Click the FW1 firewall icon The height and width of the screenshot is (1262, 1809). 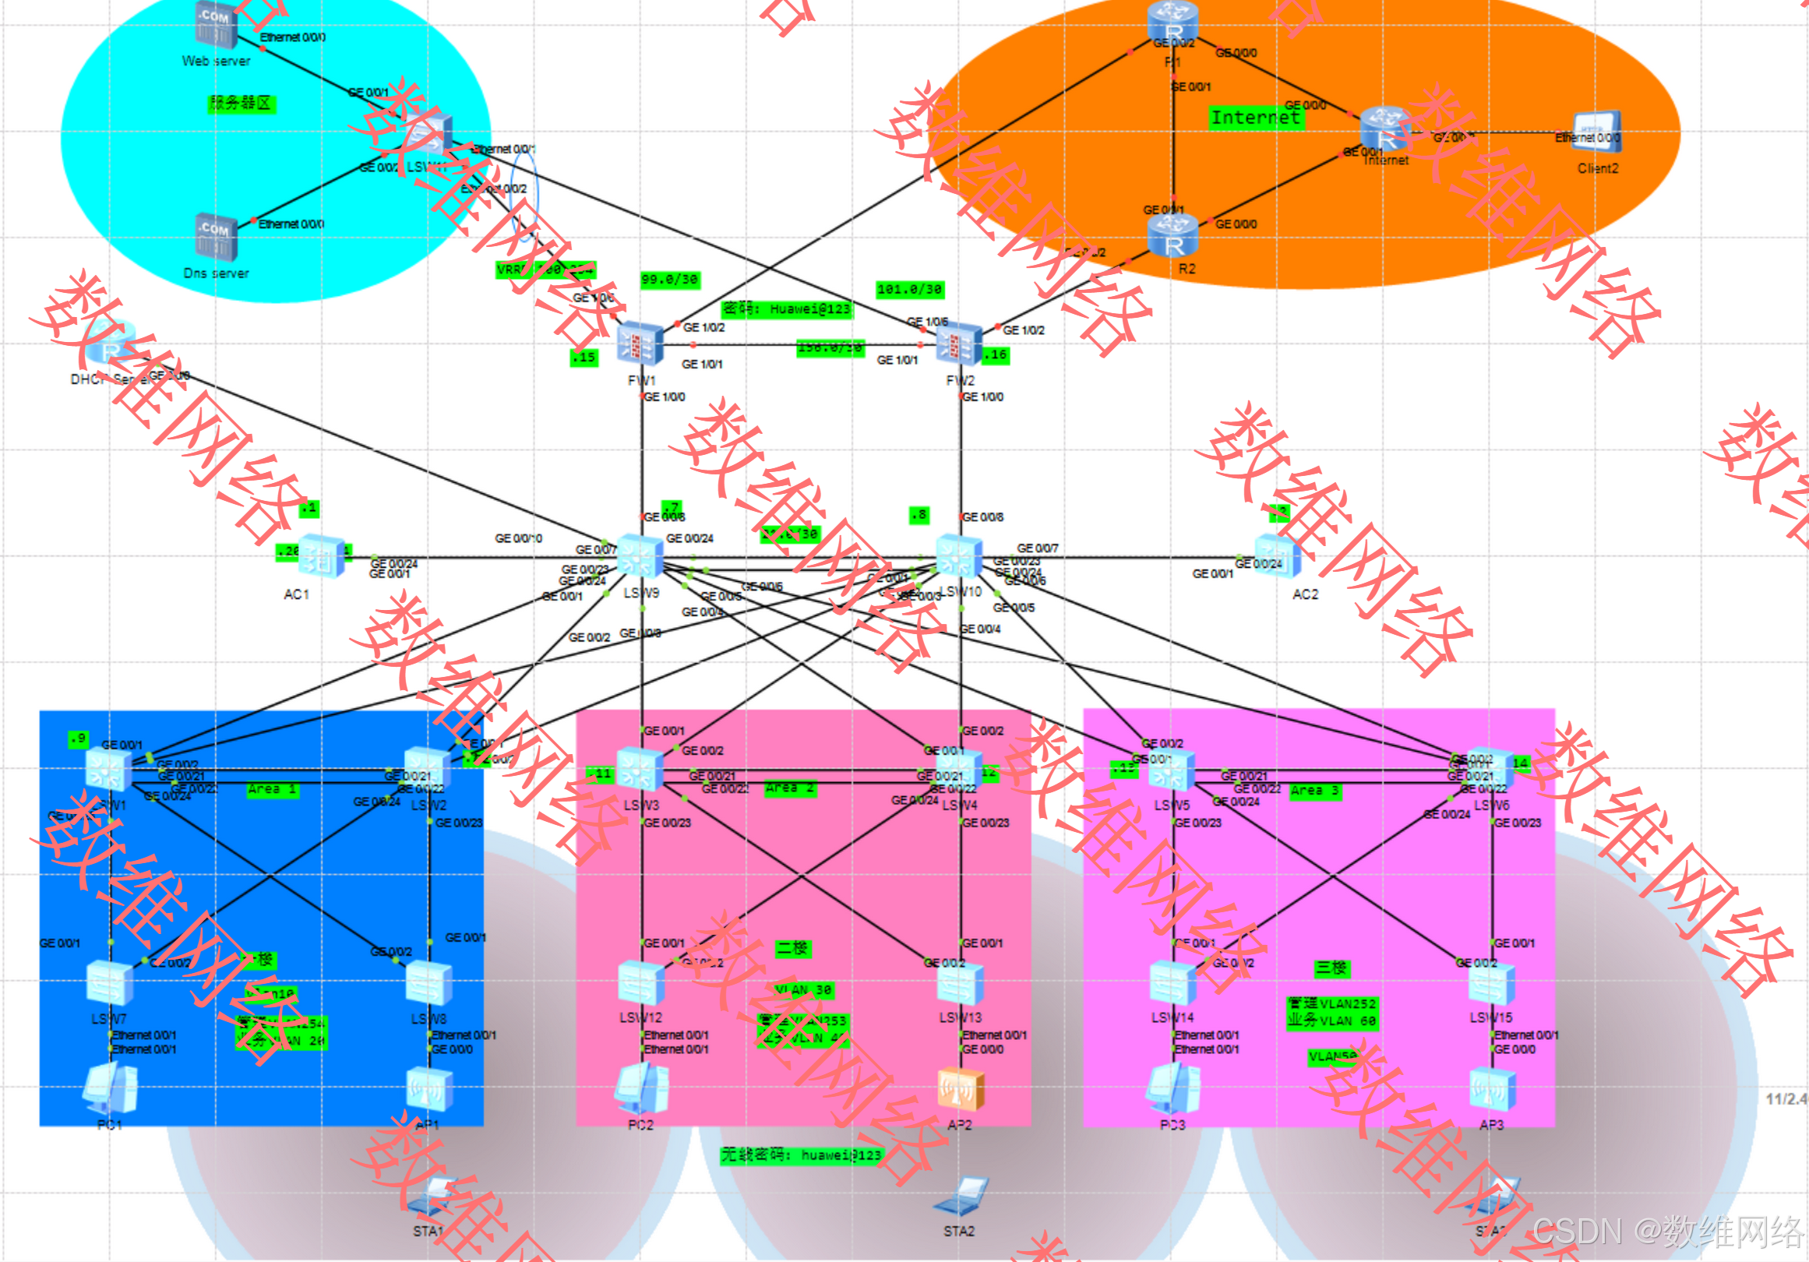[x=640, y=344]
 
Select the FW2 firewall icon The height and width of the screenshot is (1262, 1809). [x=959, y=344]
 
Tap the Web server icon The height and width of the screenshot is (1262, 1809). [x=215, y=25]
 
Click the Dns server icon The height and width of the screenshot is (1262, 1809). [x=215, y=236]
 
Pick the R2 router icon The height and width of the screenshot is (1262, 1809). [x=1173, y=235]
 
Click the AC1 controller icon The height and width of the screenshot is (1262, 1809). [x=322, y=556]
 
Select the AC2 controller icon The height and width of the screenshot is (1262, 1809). [x=1277, y=556]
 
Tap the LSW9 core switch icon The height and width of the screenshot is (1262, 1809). [x=640, y=556]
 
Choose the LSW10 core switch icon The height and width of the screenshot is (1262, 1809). [x=959, y=556]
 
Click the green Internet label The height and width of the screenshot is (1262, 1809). [x=1256, y=118]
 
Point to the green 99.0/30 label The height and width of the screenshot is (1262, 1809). [x=670, y=280]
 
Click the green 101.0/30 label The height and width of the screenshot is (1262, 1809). [x=910, y=290]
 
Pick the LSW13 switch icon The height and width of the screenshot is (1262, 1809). [x=961, y=984]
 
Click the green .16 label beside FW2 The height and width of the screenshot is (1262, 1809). [x=996, y=355]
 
